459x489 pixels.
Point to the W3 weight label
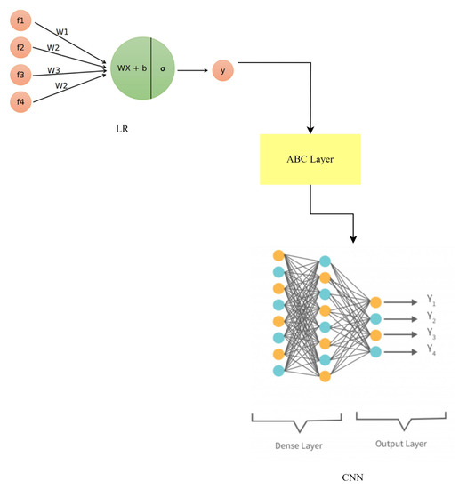tap(55, 70)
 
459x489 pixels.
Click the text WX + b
tap(133, 68)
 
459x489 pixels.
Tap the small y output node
tap(221, 68)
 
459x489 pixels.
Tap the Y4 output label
tap(431, 352)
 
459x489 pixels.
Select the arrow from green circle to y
tap(190, 68)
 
